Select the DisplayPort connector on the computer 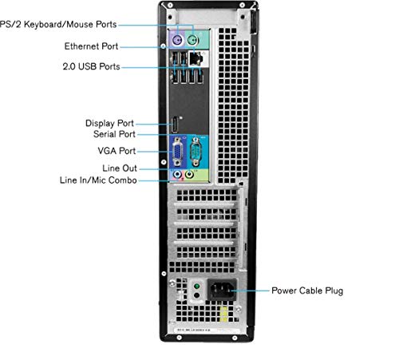[x=172, y=126]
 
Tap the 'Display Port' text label [x=110, y=123]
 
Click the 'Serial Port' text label [x=113, y=135]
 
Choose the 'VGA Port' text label [x=117, y=150]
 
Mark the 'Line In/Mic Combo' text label [x=97, y=181]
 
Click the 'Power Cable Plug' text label [x=307, y=291]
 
